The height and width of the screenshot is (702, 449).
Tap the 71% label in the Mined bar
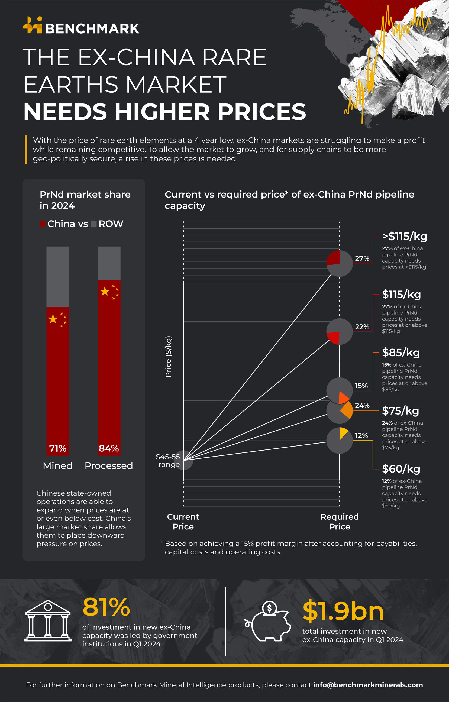[x=58, y=448]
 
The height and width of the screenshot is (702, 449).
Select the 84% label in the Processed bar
[x=109, y=448]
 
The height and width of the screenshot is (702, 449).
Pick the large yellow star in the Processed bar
[x=105, y=291]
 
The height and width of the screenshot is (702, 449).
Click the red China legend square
[x=42, y=224]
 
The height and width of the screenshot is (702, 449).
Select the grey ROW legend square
[x=93, y=224]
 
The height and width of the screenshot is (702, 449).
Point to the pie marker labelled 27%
[x=339, y=263]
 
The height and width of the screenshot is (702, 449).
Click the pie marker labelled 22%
[x=339, y=331]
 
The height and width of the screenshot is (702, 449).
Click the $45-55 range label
[x=168, y=460]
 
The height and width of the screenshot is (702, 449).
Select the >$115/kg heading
[x=404, y=236]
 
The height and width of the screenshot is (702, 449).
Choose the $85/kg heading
[x=400, y=352]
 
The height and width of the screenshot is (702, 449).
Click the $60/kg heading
[x=401, y=469]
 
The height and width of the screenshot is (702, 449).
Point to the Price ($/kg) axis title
[x=169, y=356]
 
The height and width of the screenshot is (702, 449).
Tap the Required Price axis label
[x=339, y=522]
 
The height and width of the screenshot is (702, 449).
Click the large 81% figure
[x=106, y=607]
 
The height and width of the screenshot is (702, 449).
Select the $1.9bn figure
[x=343, y=611]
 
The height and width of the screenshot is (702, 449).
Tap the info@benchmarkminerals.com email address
[x=368, y=685]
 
